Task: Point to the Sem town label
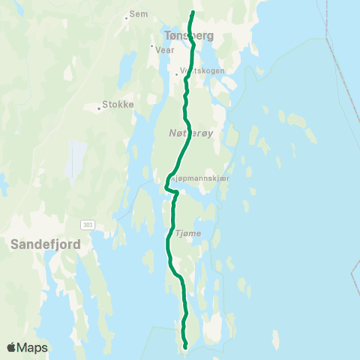coord(139,13)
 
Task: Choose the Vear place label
coord(164,50)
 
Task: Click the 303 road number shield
coord(87,224)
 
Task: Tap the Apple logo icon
coord(12,347)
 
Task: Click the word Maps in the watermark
coord(32,347)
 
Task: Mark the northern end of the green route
coord(193,12)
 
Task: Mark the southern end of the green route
coord(185,346)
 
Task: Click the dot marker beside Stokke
coord(100,107)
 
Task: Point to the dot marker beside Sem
coord(127,16)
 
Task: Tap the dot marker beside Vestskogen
coord(176,74)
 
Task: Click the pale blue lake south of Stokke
coord(76,157)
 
